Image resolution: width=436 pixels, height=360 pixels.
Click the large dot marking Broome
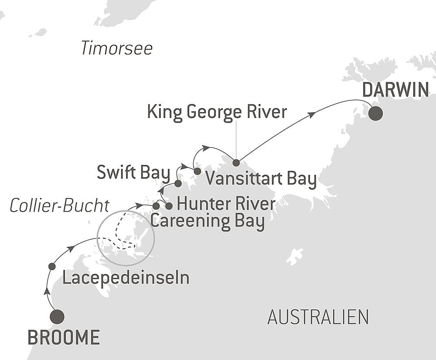coord(57,317)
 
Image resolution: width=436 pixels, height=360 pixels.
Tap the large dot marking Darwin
coord(375,113)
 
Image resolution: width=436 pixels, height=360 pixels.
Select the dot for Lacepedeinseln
coord(52,266)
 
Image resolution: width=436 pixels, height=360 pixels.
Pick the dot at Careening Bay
coord(156,206)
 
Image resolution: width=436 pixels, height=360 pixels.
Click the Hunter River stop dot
coord(169,206)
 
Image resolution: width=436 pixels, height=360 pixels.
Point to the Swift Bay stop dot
coord(178,183)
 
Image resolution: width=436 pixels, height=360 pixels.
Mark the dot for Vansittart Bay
coord(198,171)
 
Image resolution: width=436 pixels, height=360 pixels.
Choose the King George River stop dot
coord(236,163)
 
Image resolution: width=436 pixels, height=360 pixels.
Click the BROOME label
coord(64,338)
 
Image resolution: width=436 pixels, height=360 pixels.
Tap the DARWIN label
coord(396,90)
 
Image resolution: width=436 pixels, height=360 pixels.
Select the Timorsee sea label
coord(117,48)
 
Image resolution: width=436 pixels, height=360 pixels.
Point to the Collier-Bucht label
coord(59,206)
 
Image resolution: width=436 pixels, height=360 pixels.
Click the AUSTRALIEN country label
coord(318,317)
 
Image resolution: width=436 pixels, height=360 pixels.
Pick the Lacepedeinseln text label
coord(126,278)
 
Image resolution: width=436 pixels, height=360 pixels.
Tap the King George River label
coord(217,112)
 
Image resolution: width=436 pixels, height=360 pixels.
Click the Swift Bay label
coord(133,173)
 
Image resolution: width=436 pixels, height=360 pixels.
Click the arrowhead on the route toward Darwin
coord(311,114)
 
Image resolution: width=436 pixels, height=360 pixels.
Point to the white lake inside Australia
coord(295,256)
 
